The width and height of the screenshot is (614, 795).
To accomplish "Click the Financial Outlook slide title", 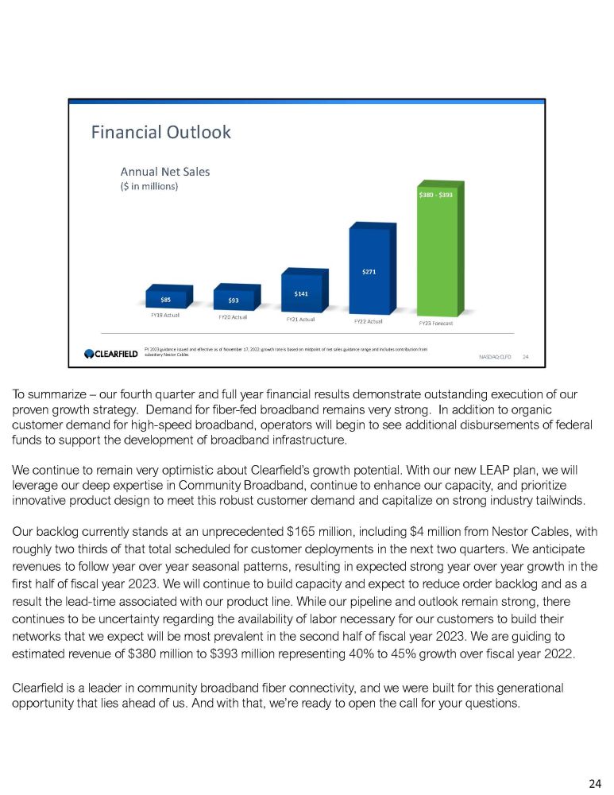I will (160, 132).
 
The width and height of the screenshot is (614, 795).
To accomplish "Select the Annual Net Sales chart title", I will (164, 171).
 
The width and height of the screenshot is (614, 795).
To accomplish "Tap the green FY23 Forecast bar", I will (438, 258).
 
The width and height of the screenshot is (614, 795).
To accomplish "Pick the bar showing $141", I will (301, 294).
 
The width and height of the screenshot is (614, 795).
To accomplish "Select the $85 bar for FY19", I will (166, 300).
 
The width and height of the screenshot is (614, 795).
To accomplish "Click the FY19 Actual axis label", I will (165, 315).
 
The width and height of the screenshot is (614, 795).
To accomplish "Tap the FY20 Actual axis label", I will (233, 317).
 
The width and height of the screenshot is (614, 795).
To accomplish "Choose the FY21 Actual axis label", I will (300, 320).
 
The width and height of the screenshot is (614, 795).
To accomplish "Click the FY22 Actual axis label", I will (368, 322).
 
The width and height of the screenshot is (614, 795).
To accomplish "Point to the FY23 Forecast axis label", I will (436, 324).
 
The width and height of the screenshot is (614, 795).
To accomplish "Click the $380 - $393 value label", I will (436, 195).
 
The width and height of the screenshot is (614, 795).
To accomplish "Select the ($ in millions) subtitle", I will (149, 186).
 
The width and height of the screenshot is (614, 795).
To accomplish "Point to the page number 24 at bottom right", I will (594, 784).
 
